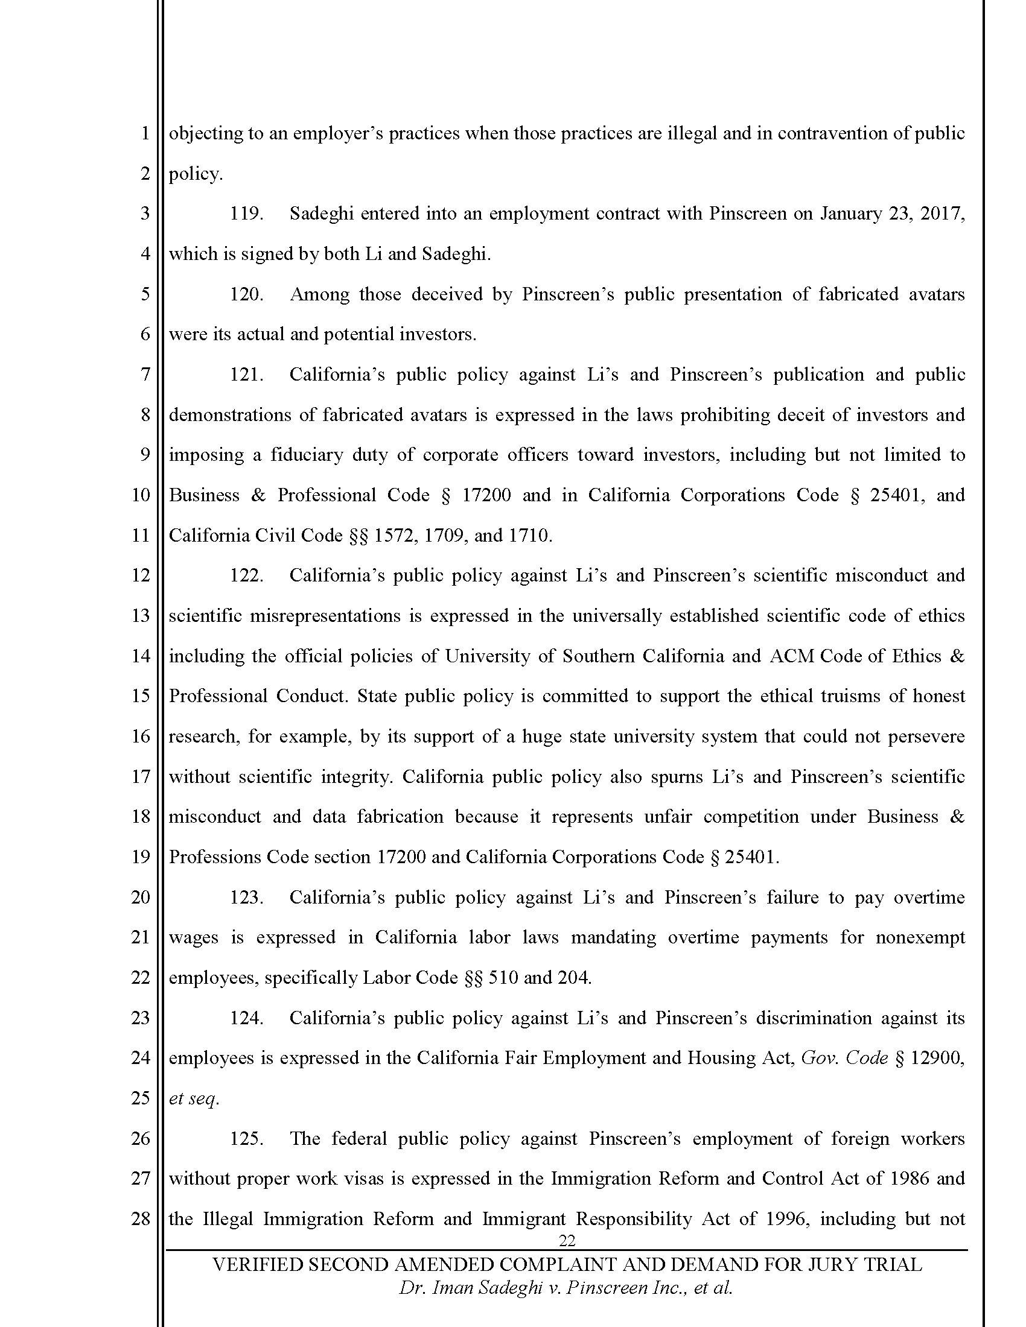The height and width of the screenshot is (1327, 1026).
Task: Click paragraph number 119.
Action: coord(246,214)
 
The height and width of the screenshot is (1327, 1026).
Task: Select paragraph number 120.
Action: coord(246,295)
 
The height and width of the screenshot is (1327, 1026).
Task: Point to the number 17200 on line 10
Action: coord(486,495)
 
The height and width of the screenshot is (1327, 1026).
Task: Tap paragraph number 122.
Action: coord(246,575)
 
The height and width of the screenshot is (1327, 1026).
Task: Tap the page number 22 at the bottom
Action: coord(567,1240)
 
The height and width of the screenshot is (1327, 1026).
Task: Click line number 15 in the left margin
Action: coord(141,696)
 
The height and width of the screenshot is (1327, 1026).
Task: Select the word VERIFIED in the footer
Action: coord(256,1265)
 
